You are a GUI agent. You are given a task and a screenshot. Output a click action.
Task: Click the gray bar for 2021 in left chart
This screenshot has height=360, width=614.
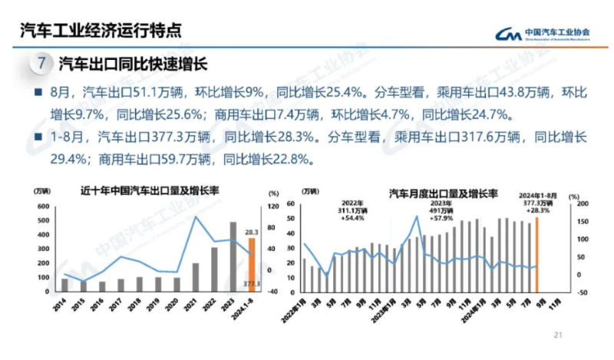click(x=196, y=277)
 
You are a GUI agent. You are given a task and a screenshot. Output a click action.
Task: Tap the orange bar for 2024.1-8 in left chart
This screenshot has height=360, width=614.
click(x=251, y=265)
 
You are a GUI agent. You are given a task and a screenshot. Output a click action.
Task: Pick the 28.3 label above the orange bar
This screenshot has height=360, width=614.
click(x=252, y=231)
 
